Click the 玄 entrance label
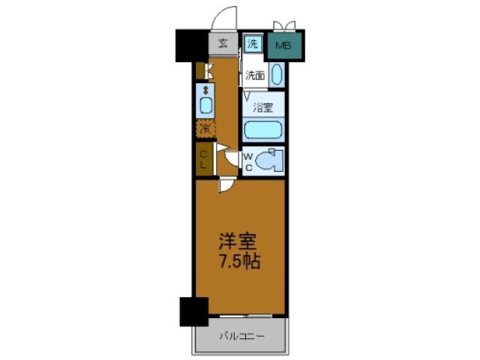coord(223,43)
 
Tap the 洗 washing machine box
coord(253,44)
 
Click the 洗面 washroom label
coord(256,75)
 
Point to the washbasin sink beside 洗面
coord(276,74)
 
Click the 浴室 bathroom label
coord(262,106)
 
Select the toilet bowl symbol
coord(268,160)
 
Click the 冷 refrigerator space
coord(205,128)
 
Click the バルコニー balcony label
coord(241,336)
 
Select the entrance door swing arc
coord(223,16)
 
